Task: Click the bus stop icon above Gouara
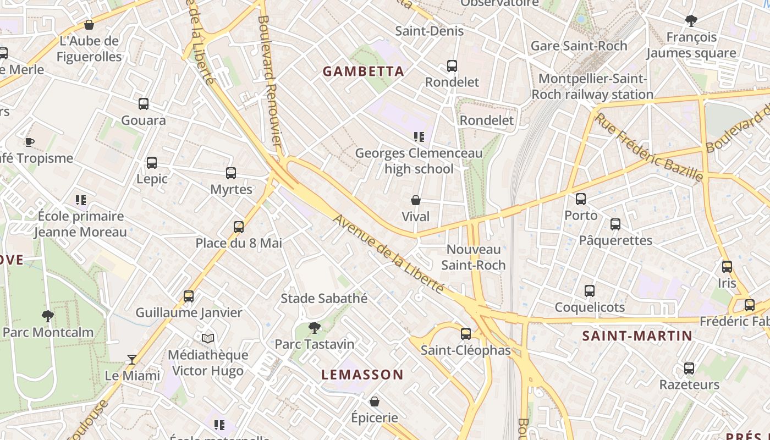[144, 103]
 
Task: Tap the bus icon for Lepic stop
[152, 163]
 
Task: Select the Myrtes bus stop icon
[231, 173]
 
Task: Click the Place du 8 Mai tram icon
[239, 227]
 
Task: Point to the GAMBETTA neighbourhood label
[363, 71]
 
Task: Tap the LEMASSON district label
[362, 375]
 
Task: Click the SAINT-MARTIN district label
[637, 335]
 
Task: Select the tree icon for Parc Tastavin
[315, 328]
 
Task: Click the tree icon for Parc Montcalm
[48, 316]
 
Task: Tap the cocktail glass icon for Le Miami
[132, 360]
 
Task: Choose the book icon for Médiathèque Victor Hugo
[207, 338]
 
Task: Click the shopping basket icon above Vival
[416, 200]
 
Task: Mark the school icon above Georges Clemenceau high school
[419, 136]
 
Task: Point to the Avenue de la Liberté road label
[388, 254]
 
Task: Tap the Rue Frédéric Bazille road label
[649, 147]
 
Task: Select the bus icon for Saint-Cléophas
[466, 333]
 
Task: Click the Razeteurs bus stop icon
[689, 369]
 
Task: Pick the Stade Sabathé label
[324, 298]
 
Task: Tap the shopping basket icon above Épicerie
[375, 402]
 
